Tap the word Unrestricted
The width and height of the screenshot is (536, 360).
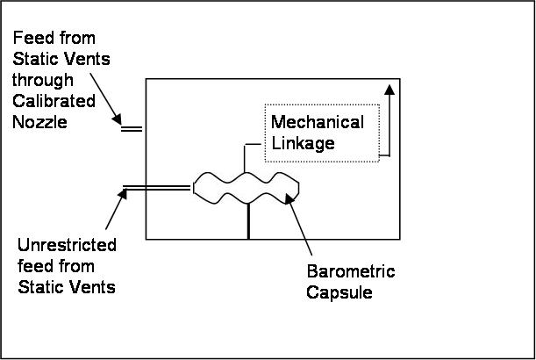point(66,245)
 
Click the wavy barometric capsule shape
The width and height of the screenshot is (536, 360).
point(246,187)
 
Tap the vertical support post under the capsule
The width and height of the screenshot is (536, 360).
point(248,220)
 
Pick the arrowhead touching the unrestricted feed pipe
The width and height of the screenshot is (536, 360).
point(121,193)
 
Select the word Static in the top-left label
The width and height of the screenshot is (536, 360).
point(33,60)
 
